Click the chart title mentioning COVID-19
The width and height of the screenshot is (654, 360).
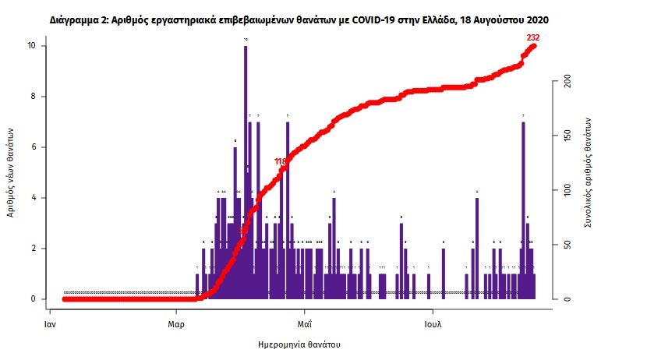[x=327, y=16]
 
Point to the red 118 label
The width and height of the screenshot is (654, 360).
[x=281, y=161]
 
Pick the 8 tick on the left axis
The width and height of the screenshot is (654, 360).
[x=32, y=97]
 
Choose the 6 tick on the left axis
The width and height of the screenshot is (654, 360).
[x=32, y=147]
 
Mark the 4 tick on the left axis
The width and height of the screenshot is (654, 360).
[x=32, y=198]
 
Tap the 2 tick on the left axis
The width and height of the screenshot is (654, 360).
[x=32, y=249]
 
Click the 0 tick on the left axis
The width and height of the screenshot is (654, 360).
[x=32, y=299]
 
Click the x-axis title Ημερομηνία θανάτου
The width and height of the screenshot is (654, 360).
[x=299, y=344]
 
